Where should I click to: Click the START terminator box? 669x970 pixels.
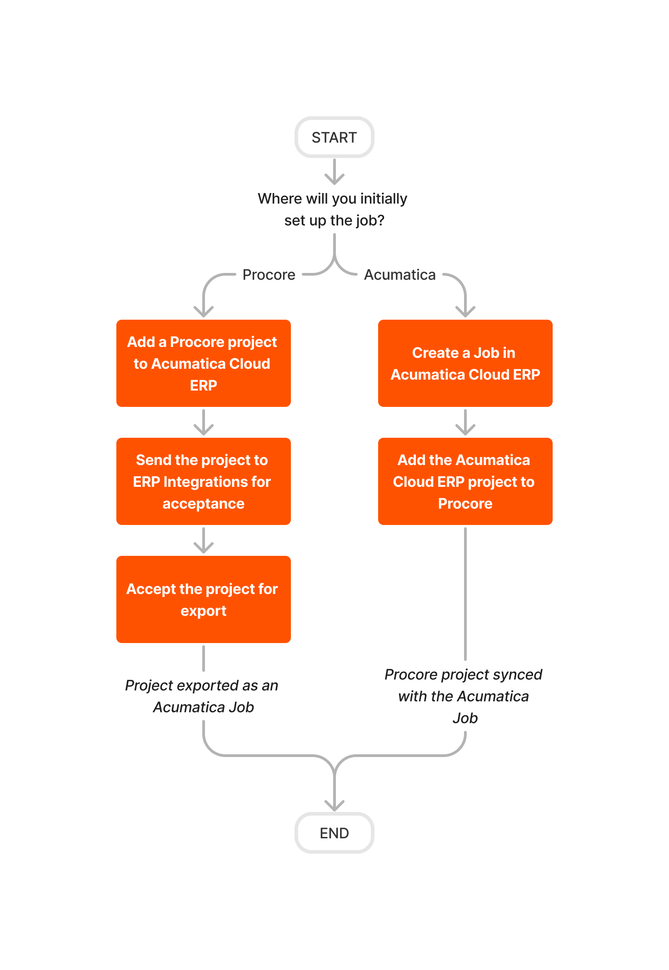[334, 137]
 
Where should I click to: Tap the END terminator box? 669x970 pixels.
[334, 833]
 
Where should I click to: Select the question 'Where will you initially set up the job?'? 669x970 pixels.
[333, 209]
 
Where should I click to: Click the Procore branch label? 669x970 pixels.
[269, 275]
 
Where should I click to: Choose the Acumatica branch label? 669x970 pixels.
[399, 275]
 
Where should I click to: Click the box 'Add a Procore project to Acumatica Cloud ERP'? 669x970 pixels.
[203, 363]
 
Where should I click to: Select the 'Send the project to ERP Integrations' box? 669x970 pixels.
[203, 481]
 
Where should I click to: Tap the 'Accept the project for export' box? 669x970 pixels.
[203, 599]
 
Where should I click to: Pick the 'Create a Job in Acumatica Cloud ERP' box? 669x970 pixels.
[465, 363]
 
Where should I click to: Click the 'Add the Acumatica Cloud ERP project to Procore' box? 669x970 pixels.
[465, 481]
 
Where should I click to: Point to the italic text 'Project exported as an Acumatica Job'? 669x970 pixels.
[202, 696]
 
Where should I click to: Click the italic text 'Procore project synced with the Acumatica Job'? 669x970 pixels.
[464, 696]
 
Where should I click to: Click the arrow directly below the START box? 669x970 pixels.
[334, 172]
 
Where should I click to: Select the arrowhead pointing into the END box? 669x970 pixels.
[334, 804]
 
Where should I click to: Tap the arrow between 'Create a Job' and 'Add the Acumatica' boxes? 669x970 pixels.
[465, 422]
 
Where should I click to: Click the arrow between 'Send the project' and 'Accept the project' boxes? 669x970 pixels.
[203, 540]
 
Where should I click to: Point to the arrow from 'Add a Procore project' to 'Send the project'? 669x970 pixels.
[203, 422]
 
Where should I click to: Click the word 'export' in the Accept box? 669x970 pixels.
[203, 611]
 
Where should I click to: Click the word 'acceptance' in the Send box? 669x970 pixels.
[203, 504]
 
